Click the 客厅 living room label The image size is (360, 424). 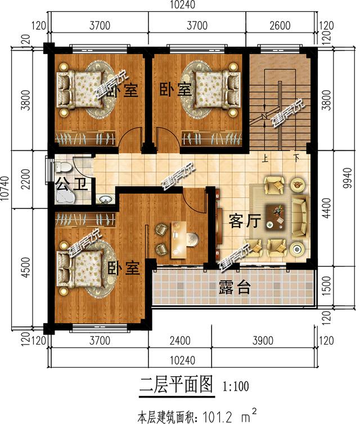(x=245, y=221)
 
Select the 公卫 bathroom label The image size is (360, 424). (x=73, y=184)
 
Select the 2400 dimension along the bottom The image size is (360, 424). (x=179, y=340)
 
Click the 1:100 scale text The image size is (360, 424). (x=236, y=387)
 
